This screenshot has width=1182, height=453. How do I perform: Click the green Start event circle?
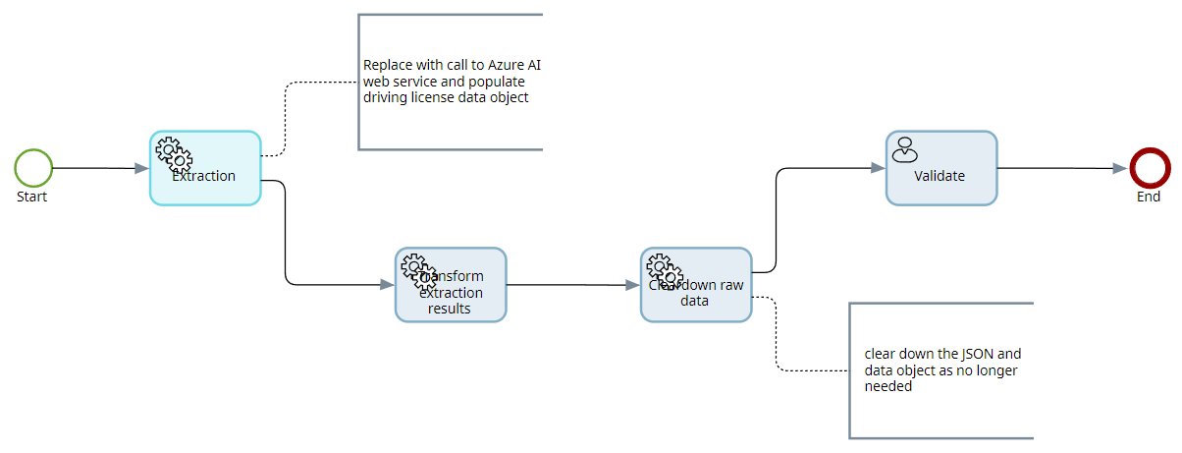[x=33, y=168]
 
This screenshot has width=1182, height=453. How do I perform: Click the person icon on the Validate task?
[x=904, y=149]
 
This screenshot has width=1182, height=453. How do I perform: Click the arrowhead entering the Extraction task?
[x=142, y=169]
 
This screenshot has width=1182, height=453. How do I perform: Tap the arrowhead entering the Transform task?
[x=388, y=285]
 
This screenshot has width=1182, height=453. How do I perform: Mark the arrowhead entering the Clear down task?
[x=633, y=285]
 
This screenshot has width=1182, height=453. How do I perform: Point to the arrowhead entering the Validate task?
[x=879, y=168]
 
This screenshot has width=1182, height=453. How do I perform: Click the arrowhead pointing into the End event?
[x=1120, y=169]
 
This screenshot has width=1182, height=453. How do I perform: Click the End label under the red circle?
[x=1149, y=197]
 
